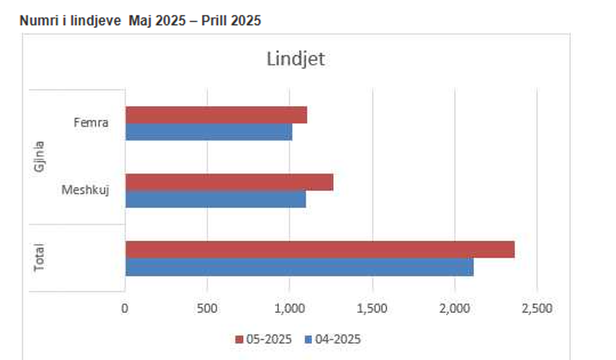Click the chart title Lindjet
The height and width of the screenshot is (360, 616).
tap(295, 60)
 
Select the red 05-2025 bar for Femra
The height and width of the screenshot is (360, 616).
tap(216, 115)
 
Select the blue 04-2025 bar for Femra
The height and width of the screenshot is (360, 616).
tap(209, 131)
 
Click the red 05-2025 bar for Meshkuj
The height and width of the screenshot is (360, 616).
tap(229, 182)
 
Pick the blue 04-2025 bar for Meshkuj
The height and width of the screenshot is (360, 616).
tap(216, 199)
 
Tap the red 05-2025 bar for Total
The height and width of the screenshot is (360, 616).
tap(319, 249)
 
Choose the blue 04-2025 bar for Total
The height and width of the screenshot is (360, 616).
tap(299, 267)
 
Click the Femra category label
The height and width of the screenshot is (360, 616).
tap(91, 123)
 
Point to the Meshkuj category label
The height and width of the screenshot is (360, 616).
tap(85, 190)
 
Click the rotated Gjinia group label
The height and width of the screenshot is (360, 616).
tap(39, 157)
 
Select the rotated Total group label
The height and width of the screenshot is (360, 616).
tap(39, 258)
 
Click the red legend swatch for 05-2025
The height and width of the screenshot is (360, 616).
tap(239, 340)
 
